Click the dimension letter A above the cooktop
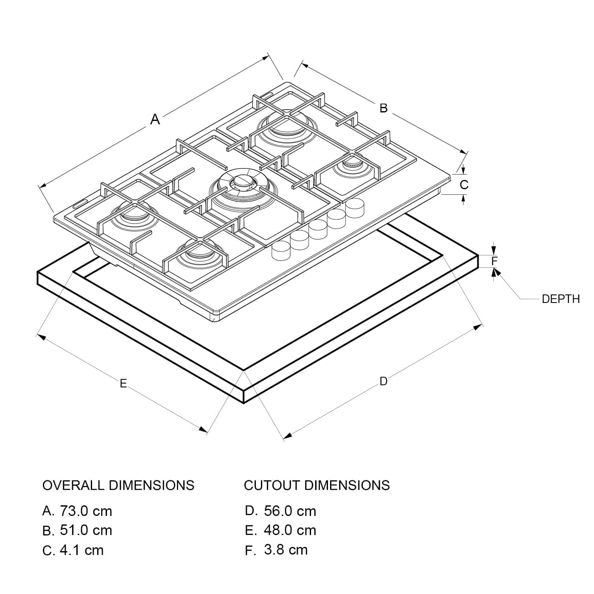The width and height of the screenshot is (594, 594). (155, 120)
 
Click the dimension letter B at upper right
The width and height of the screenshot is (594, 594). (384, 109)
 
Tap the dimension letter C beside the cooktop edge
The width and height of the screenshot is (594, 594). (464, 185)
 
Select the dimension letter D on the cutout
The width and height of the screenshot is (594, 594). (384, 381)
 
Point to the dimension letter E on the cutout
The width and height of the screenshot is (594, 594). (123, 384)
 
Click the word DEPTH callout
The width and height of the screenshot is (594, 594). (560, 299)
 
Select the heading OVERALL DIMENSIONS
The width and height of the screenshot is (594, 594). (118, 485)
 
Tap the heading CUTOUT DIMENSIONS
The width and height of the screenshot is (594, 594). (317, 485)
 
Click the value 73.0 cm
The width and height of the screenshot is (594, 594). (86, 511)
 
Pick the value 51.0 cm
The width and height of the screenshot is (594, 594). (86, 530)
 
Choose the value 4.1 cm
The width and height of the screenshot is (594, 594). (81, 550)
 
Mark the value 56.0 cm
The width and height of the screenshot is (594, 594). (290, 511)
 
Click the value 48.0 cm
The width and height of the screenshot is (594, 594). (290, 530)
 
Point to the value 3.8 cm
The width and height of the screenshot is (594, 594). (286, 550)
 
